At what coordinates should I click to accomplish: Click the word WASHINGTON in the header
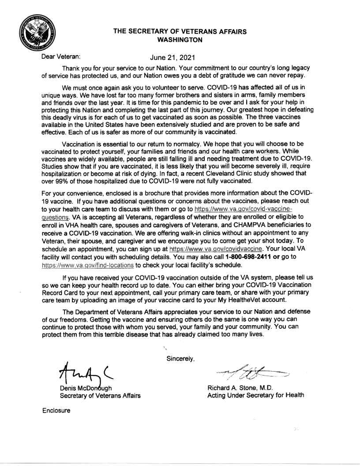click(180, 40)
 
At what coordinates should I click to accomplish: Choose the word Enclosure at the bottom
click(56, 410)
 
